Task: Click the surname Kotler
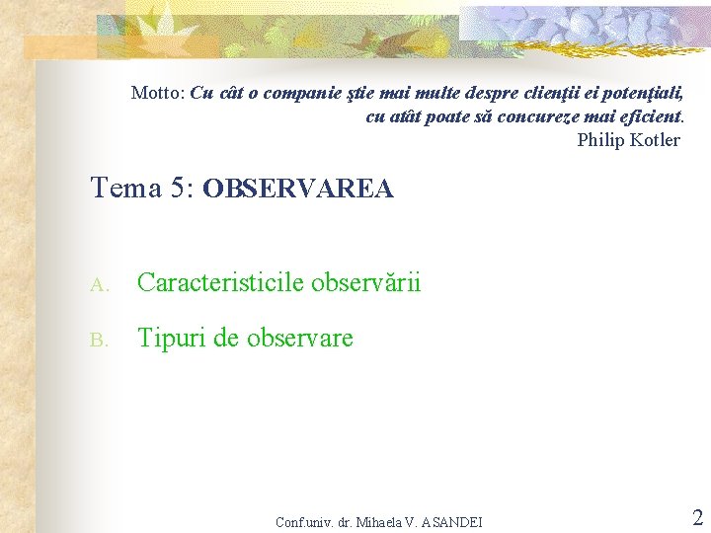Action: (x=657, y=139)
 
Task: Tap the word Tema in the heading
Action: (x=122, y=188)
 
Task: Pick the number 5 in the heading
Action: (x=178, y=188)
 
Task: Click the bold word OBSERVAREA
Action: (x=297, y=189)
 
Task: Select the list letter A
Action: (x=96, y=285)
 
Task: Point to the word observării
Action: (x=365, y=283)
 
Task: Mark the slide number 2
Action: (x=697, y=517)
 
